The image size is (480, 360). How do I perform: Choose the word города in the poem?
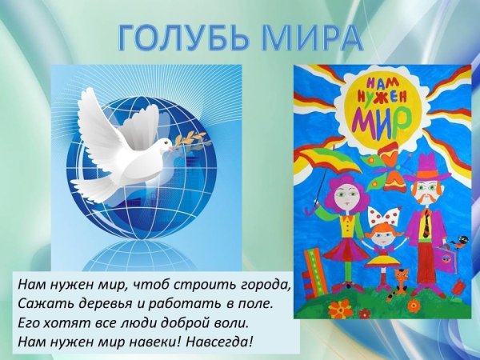tap(264, 285)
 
